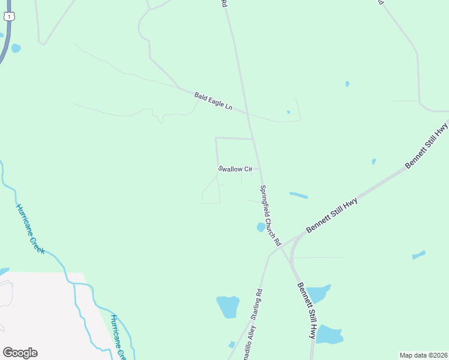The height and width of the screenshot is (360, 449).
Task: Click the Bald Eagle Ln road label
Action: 213,100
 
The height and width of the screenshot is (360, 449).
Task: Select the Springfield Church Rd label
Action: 270,215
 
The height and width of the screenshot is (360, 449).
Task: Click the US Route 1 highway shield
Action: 8,16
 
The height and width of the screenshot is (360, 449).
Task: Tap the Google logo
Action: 20,353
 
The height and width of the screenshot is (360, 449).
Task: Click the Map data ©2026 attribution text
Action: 423,355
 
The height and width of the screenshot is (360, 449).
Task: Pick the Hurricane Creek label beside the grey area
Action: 117,338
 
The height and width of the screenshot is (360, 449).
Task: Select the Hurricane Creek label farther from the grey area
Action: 31,229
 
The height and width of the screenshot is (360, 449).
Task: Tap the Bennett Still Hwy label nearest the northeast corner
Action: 427,145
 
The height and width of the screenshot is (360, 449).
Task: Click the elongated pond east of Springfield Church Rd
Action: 298,195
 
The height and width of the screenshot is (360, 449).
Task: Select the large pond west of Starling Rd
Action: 228,307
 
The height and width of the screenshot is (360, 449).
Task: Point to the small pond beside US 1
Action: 16,47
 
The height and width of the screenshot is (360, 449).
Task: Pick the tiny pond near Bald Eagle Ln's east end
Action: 288,112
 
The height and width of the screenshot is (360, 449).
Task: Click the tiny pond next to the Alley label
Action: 232,344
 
